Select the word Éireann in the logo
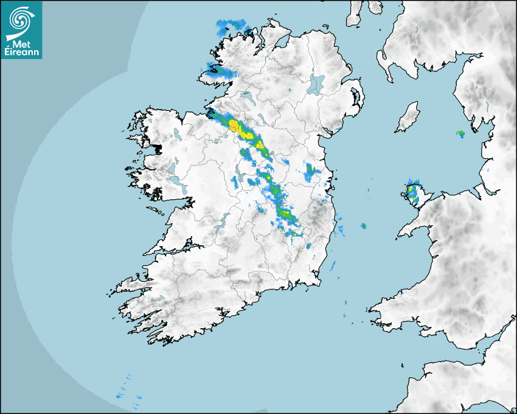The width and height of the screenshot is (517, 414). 21,52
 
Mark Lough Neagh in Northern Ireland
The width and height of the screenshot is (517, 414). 316,83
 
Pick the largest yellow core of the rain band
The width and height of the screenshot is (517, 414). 234,125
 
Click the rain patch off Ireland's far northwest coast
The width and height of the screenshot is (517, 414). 232,27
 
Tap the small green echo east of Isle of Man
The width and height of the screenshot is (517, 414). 460,133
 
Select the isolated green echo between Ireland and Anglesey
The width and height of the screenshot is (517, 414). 364,226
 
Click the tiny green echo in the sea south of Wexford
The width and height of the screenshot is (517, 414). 345,303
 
